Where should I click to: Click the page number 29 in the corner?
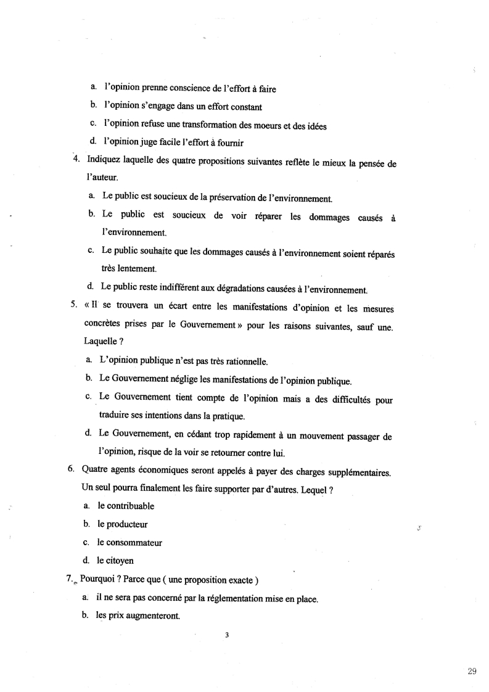(472, 672)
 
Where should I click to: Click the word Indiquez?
(105, 159)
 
